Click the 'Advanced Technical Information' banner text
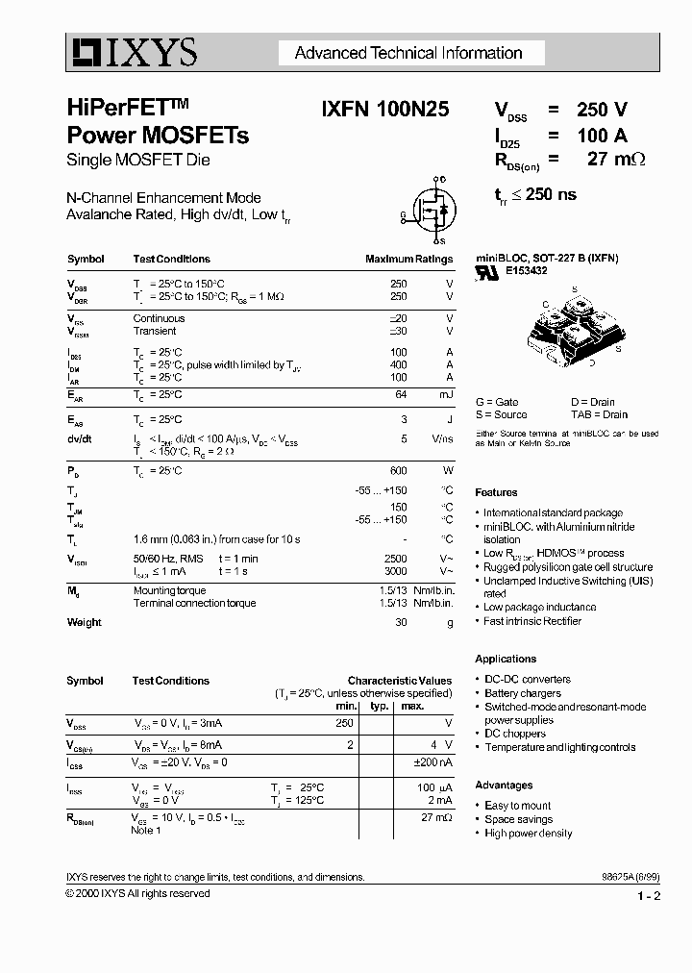click(408, 53)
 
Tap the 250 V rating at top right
click(603, 110)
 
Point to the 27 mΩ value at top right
click(616, 160)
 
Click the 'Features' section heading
click(496, 492)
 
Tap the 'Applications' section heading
click(506, 659)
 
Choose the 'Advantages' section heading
click(504, 786)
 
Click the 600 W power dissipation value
click(398, 470)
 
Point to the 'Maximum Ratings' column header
click(408, 260)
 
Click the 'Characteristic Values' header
click(399, 681)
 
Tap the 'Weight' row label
click(85, 622)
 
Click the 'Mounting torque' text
click(169, 590)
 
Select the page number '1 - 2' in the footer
click(649, 897)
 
